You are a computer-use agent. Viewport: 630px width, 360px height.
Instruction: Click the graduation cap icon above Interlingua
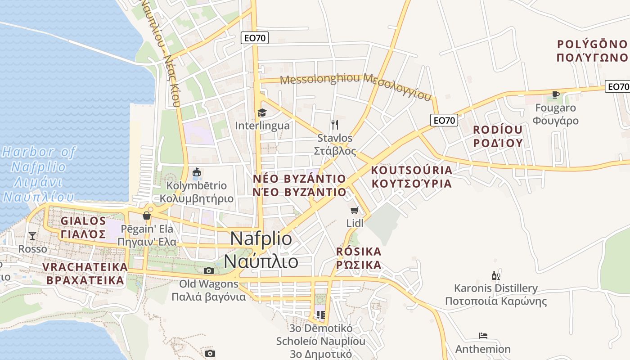(x=261, y=112)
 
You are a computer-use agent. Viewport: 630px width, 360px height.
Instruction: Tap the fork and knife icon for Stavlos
(x=334, y=124)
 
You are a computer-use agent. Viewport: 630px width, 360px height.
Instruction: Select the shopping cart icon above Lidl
(x=355, y=210)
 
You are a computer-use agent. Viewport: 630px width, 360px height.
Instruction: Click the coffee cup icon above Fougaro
(x=556, y=94)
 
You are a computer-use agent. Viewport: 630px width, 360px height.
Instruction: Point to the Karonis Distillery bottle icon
(x=495, y=275)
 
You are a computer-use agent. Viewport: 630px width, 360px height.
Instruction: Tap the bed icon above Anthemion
(x=483, y=336)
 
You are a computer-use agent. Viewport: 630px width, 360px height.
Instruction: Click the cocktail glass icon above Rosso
(x=32, y=235)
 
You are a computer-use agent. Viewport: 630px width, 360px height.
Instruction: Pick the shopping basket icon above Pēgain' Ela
(x=147, y=216)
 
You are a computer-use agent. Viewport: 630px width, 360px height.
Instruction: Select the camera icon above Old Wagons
(x=208, y=270)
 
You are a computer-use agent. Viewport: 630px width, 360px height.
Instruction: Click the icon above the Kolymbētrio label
(x=197, y=172)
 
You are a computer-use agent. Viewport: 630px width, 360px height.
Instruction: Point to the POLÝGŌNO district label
(x=592, y=44)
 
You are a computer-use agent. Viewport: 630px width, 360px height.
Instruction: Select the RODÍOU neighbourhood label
(x=498, y=130)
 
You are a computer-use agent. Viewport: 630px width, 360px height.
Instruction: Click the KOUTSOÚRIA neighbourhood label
(x=411, y=170)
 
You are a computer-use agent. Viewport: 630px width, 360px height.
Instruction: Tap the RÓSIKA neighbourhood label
(x=359, y=251)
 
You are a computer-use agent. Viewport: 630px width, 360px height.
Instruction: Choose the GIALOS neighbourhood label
(x=83, y=221)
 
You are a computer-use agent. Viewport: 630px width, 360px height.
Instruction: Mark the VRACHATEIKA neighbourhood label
(x=85, y=267)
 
